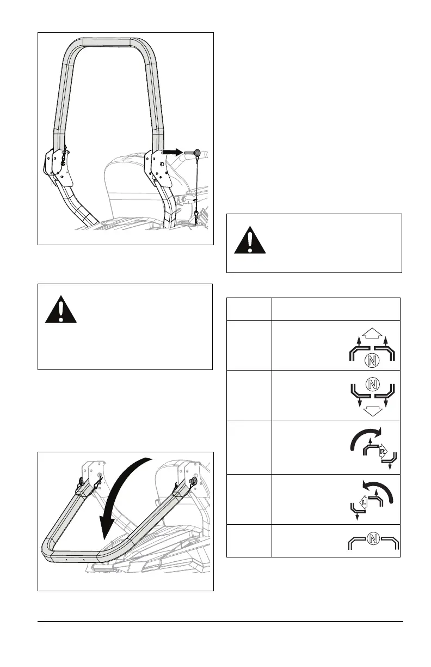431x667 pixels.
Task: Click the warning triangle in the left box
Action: [x=61, y=310]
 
